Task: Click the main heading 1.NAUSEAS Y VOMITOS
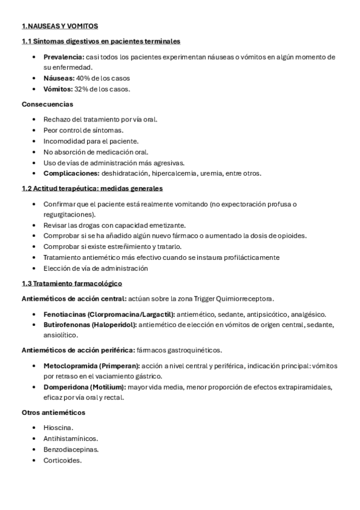59,26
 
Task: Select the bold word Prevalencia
63,57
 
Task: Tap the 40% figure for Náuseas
82,78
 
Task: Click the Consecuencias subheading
47,104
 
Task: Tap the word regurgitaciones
69,214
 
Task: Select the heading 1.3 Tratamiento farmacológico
72,283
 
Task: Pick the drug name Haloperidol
115,325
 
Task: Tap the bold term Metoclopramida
69,366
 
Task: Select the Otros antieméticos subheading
53,413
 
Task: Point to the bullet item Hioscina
58,428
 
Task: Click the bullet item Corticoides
62,460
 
